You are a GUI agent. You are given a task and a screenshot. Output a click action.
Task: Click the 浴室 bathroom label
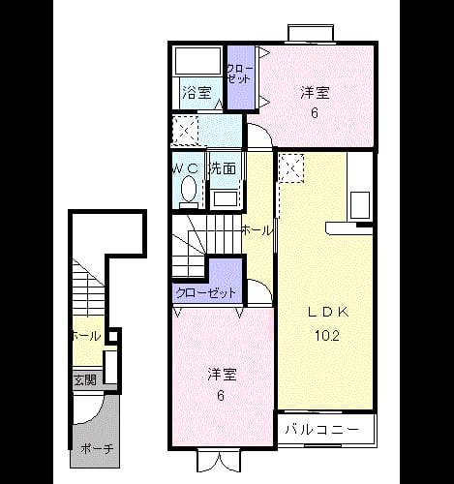[197, 93]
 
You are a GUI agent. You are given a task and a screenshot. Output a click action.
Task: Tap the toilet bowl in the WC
[189, 191]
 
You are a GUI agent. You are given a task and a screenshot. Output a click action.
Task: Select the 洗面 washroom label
[223, 168]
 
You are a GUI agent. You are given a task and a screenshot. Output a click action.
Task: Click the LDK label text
[328, 312]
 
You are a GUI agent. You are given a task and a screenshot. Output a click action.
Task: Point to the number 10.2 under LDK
[327, 336]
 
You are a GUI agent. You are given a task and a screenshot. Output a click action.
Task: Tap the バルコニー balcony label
[322, 430]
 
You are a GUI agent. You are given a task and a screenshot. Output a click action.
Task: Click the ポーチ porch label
[97, 448]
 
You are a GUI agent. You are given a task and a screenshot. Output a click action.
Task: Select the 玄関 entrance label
[85, 380]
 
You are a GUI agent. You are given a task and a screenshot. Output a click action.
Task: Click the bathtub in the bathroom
[197, 61]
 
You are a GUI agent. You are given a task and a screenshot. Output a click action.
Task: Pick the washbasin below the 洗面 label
[226, 200]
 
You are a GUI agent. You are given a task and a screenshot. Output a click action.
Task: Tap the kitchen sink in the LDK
[360, 205]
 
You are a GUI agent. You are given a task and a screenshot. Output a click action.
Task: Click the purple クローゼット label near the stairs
[206, 293]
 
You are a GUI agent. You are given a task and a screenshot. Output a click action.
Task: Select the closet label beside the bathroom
[239, 74]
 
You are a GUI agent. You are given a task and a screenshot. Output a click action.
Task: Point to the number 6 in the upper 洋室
[315, 113]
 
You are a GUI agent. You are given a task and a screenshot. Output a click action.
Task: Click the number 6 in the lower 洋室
[221, 395]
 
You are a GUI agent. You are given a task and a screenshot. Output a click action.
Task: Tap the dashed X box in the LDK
[291, 168]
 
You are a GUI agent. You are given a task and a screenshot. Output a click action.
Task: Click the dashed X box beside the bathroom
[185, 131]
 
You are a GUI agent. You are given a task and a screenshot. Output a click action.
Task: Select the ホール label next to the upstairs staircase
[257, 230]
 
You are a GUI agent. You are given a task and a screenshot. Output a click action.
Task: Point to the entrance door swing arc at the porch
[95, 414]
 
